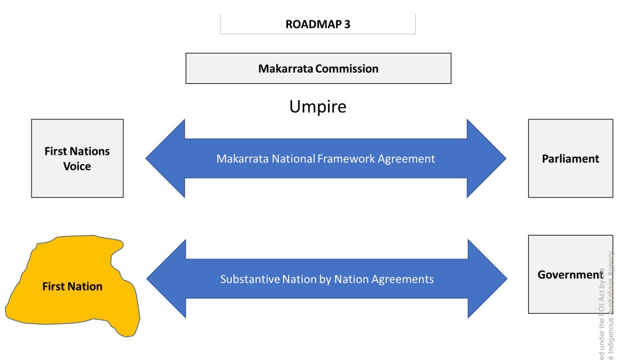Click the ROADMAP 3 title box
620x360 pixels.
click(317, 24)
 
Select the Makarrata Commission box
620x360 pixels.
click(318, 69)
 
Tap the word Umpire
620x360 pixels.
click(318, 106)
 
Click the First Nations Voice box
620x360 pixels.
click(77, 158)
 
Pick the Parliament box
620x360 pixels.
click(570, 159)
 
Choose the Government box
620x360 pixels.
click(570, 274)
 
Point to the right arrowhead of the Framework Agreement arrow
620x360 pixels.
click(486, 159)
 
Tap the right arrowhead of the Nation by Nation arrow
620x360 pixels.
click(487, 279)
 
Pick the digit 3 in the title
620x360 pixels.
click(347, 24)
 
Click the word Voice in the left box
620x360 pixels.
click(77, 166)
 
